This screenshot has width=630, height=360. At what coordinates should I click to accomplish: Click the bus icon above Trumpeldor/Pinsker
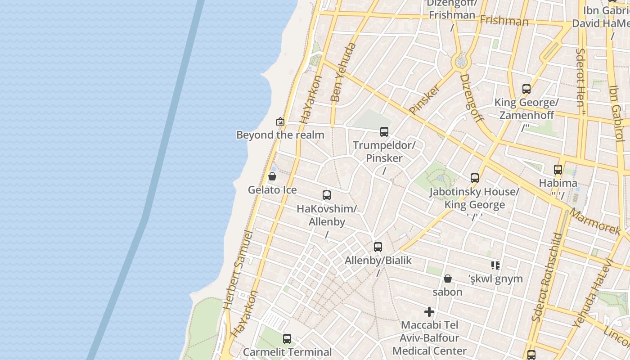[384, 132]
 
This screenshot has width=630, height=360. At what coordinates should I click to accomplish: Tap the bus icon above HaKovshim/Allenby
[327, 195]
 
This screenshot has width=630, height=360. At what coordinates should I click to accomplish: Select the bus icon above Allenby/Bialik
[378, 247]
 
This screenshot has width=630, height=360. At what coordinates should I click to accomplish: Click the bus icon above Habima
[558, 170]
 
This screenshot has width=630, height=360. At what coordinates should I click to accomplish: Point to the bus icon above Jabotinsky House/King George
[474, 178]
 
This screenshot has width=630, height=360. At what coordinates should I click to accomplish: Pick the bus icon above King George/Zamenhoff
[526, 89]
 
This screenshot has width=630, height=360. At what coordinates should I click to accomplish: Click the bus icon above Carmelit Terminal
[287, 339]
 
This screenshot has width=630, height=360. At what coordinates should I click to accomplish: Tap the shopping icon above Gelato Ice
[272, 176]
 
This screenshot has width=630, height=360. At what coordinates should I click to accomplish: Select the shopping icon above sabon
[447, 279]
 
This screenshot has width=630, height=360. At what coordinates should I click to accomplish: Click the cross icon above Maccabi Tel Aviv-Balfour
[429, 311]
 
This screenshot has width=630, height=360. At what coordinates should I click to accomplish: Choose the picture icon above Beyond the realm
[280, 121]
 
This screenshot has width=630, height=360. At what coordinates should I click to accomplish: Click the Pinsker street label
[424, 99]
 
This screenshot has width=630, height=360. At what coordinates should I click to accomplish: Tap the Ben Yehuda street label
[343, 72]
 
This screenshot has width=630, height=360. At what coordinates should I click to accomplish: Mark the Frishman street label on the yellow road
[504, 21]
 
